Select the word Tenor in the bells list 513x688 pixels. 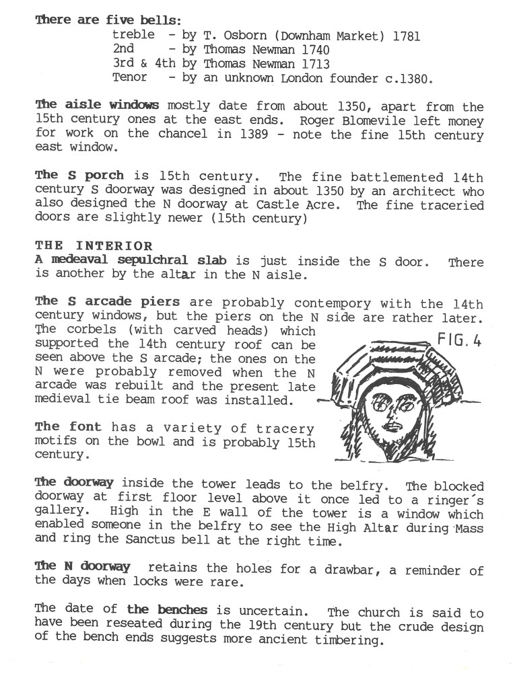pos(129,77)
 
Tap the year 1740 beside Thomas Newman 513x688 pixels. pos(314,50)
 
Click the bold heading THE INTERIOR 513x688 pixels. pos(94,246)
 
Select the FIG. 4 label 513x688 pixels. pos(460,340)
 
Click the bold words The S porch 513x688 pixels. pos(79,176)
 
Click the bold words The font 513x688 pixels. pos(68,427)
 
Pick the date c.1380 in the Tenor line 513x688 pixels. pos(407,78)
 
